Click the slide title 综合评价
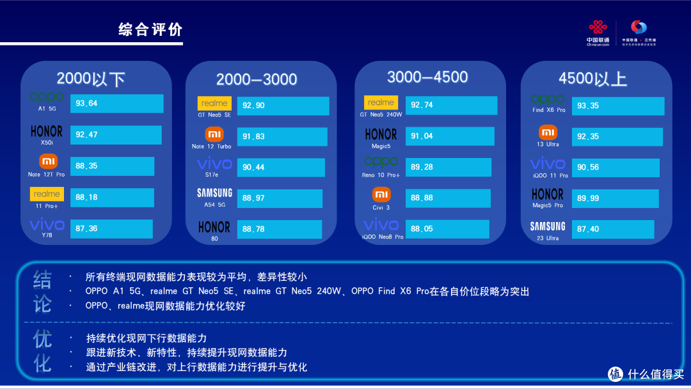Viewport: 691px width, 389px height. pyautogui.click(x=150, y=29)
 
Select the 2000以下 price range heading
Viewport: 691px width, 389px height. pyautogui.click(x=91, y=79)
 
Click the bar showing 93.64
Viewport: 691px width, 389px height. pyautogui.click(x=116, y=104)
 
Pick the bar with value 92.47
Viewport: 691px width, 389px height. pyautogui.click(x=116, y=135)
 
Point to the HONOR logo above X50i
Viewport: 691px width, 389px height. pyautogui.click(x=47, y=131)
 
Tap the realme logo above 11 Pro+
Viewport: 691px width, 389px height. pyautogui.click(x=47, y=193)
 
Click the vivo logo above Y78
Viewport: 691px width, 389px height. pyautogui.click(x=47, y=225)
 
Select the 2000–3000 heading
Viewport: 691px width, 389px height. pyautogui.click(x=257, y=79)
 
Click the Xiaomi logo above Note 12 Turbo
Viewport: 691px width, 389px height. pyautogui.click(x=214, y=134)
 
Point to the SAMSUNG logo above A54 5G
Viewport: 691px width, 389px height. pyautogui.click(x=214, y=193)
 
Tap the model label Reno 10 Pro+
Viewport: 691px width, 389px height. pyautogui.click(x=381, y=175)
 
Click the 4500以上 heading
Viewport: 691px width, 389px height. pyautogui.click(x=592, y=79)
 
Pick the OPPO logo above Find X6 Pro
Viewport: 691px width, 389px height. pyautogui.click(x=548, y=99)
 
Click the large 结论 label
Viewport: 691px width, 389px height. pyautogui.click(x=42, y=291)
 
